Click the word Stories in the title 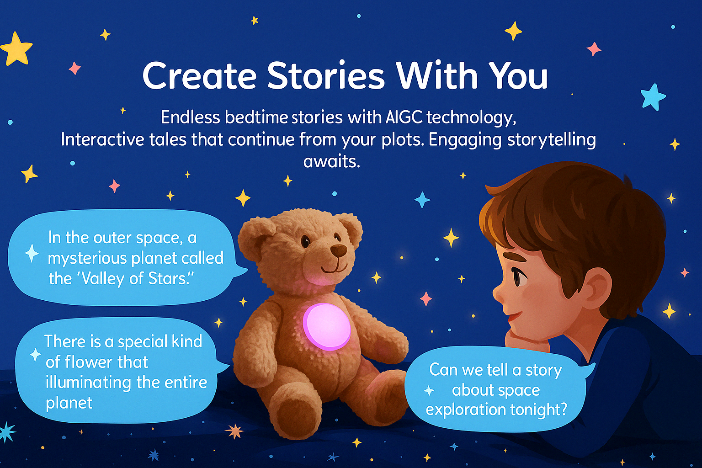tap(326, 76)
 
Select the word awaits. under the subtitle tap(331, 161)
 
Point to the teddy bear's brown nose tap(339, 250)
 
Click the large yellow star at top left tap(16, 49)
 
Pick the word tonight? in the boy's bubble tap(538, 410)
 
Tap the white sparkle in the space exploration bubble tap(429, 391)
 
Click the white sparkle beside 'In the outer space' tap(32, 253)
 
